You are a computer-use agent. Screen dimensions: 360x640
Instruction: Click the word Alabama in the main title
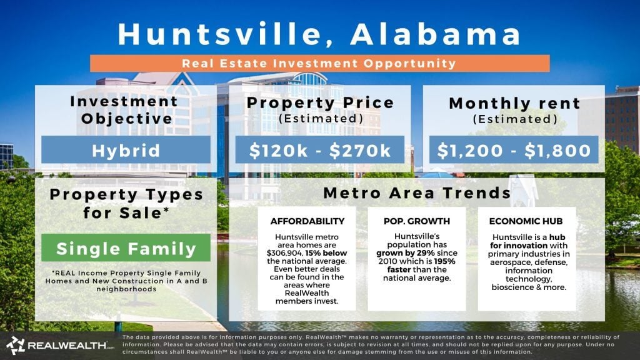tap(435, 34)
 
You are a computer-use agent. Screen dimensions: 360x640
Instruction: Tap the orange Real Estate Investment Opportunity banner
tap(319, 63)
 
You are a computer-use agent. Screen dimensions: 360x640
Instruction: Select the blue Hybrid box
tap(126, 150)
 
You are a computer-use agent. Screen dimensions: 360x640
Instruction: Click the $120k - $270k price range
tap(319, 150)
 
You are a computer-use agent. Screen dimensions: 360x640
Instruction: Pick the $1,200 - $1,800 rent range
tap(513, 150)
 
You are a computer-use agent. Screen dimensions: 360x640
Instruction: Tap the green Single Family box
tap(127, 248)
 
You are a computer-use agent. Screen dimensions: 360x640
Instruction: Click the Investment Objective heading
tap(124, 110)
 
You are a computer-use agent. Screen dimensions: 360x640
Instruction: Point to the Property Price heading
tap(319, 102)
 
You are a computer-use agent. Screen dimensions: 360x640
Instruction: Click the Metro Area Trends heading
tap(417, 192)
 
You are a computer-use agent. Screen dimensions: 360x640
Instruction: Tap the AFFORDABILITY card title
tap(306, 221)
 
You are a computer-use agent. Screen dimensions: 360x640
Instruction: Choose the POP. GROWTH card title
tap(416, 221)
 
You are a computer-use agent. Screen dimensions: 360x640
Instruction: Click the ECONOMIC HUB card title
tap(526, 221)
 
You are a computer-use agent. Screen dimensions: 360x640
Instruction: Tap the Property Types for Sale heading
tap(127, 202)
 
